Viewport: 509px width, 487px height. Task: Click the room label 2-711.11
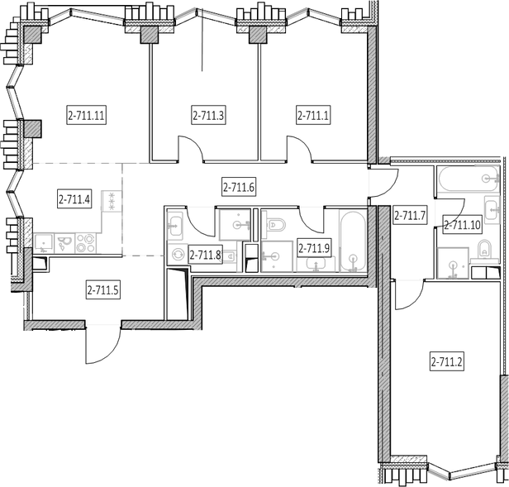[x=87, y=115]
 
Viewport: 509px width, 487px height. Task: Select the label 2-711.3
[x=208, y=115]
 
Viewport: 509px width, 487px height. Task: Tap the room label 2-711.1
[x=313, y=115]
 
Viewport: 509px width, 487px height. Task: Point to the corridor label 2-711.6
[x=239, y=187]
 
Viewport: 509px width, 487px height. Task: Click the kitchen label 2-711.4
[x=74, y=198]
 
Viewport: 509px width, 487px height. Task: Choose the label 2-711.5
[x=103, y=289]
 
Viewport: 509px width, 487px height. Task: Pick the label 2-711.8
[x=205, y=255]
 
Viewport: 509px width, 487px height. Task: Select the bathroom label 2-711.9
[x=314, y=248]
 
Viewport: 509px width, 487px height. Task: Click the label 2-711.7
[x=410, y=215]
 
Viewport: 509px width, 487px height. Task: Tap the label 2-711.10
[x=462, y=225]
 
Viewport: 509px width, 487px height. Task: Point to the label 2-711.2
[x=447, y=361]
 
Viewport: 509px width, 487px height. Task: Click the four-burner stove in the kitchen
[x=86, y=243]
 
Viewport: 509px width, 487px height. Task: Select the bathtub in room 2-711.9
[x=353, y=241]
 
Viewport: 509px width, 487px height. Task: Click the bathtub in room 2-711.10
[x=469, y=179]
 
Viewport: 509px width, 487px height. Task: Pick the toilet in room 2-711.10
[x=485, y=251]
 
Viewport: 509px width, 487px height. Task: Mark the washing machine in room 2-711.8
[x=177, y=254]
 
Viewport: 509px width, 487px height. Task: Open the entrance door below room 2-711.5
[x=103, y=344]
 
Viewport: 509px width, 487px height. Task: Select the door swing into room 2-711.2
[x=409, y=295]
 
